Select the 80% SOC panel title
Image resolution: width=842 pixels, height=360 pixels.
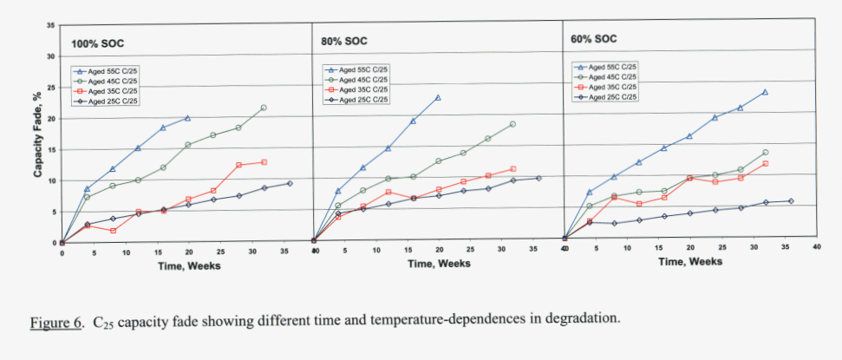point(343,41)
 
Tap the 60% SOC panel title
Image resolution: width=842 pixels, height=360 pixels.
point(594,39)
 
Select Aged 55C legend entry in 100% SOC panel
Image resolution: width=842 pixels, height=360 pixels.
point(114,70)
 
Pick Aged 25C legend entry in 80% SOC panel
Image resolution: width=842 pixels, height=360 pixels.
point(361,99)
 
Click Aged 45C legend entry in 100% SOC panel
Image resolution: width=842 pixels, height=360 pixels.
point(114,81)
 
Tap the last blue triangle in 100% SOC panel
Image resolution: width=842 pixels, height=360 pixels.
point(187,118)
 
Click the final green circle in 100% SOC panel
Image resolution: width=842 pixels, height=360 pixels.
point(264,108)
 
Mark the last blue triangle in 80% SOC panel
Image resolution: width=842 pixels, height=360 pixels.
point(438,97)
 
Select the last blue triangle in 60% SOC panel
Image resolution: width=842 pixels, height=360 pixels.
point(765,91)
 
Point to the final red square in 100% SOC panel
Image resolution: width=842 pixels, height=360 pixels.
point(264,162)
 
